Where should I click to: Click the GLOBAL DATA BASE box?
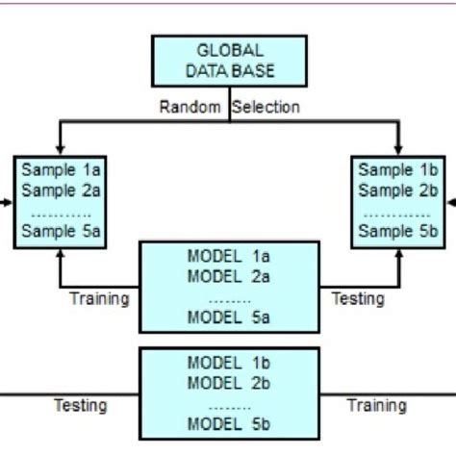click(x=229, y=60)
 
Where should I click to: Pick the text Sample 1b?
click(x=398, y=169)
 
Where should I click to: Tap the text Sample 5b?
click(x=398, y=230)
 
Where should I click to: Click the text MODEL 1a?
click(x=229, y=257)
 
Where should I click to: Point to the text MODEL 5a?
click(x=229, y=317)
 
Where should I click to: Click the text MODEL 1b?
click(x=229, y=363)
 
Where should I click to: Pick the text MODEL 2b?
click(x=229, y=382)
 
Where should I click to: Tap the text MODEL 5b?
click(x=229, y=423)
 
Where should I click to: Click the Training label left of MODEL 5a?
click(x=99, y=298)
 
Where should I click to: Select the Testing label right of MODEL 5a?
click(x=358, y=298)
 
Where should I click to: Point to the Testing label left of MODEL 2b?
click(x=81, y=405)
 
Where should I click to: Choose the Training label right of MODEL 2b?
click(x=377, y=405)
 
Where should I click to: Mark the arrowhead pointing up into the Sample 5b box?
click(x=398, y=252)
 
